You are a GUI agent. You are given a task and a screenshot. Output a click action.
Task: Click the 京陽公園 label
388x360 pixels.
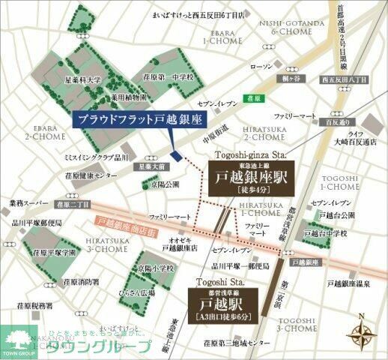point(166,184)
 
